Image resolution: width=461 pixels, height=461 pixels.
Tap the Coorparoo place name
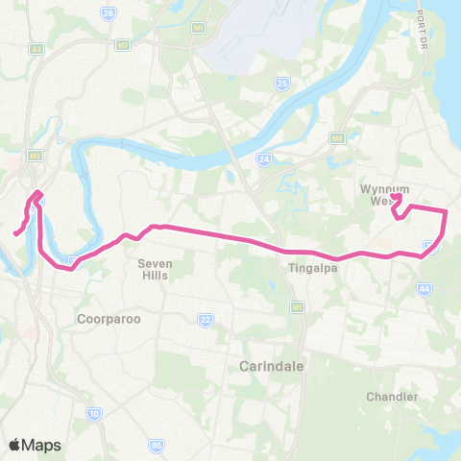click(x=106, y=317)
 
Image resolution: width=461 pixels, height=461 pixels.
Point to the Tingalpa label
click(x=310, y=269)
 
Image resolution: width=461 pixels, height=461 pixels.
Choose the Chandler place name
click(x=391, y=396)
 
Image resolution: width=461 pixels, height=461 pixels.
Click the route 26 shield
click(x=108, y=14)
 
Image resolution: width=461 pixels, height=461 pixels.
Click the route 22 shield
click(x=204, y=319)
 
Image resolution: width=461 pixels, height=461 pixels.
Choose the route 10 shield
click(x=93, y=413)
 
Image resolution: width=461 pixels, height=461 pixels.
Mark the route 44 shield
click(x=425, y=287)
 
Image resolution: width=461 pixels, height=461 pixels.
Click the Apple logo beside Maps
click(x=14, y=445)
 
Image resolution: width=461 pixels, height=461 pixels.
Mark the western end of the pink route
click(x=14, y=232)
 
